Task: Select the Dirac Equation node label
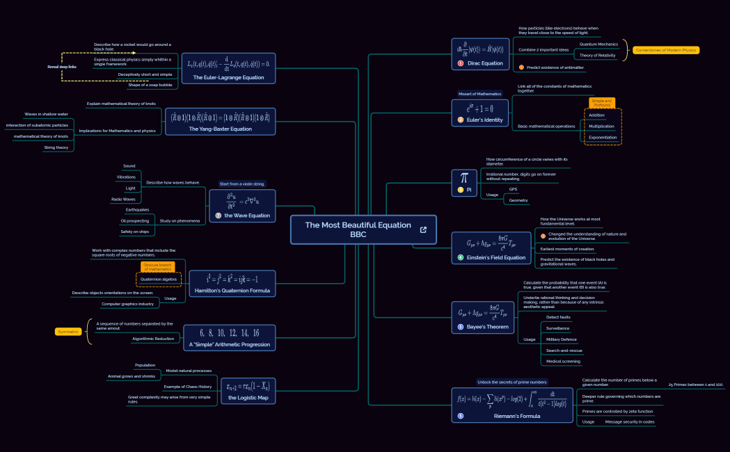pyautogui.click(x=484, y=63)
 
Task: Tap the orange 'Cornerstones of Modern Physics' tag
pyautogui.click(x=665, y=50)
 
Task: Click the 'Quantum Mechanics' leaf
pyautogui.click(x=598, y=44)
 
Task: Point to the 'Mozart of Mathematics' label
pyautogui.click(x=479, y=94)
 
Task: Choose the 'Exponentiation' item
pyautogui.click(x=603, y=137)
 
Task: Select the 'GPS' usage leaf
pyautogui.click(x=513, y=189)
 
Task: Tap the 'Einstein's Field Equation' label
pyautogui.click(x=495, y=257)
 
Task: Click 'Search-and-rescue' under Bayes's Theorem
pyautogui.click(x=564, y=350)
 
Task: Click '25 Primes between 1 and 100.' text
pyautogui.click(x=695, y=385)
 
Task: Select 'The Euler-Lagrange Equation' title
pyautogui.click(x=223, y=77)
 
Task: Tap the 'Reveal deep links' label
pyautogui.click(x=62, y=67)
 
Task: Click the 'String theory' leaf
pyautogui.click(x=56, y=147)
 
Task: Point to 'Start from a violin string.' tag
pyautogui.click(x=242, y=184)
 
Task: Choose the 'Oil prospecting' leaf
pyautogui.click(x=135, y=221)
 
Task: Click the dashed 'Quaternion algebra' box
pyautogui.click(x=159, y=279)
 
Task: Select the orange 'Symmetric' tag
pyautogui.click(x=69, y=332)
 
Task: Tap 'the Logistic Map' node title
pyautogui.click(x=248, y=398)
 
